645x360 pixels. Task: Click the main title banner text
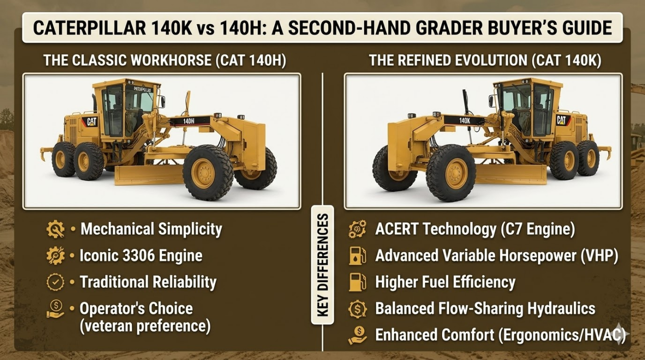[322, 28]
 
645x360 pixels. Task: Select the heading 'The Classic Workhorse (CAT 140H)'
[164, 61]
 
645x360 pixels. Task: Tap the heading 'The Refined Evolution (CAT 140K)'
[485, 61]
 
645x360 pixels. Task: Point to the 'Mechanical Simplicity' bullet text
[151, 229]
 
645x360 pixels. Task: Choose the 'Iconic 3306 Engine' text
[141, 255]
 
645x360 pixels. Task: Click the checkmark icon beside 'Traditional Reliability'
[55, 282]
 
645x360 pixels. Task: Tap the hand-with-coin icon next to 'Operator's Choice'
[55, 309]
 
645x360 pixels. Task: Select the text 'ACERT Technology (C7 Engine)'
[475, 229]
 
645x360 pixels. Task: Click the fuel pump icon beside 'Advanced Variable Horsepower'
[357, 256]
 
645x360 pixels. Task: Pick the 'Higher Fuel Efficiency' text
[445, 282]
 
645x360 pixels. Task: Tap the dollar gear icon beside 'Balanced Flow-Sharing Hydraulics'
[357, 309]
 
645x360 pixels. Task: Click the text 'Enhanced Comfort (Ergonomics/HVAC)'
[501, 335]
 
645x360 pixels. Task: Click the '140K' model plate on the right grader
[464, 121]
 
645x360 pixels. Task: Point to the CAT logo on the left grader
[92, 122]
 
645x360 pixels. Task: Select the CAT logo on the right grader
[561, 120]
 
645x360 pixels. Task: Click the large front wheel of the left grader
[206, 173]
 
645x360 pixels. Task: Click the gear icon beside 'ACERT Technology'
[357, 229]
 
